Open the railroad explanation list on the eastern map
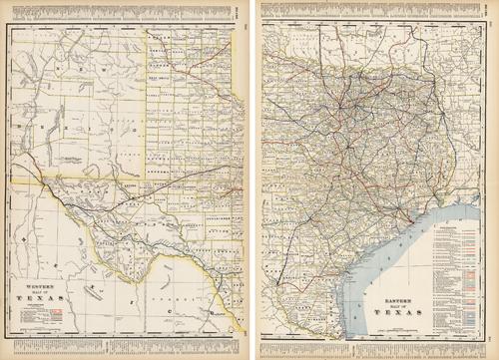[461, 269]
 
